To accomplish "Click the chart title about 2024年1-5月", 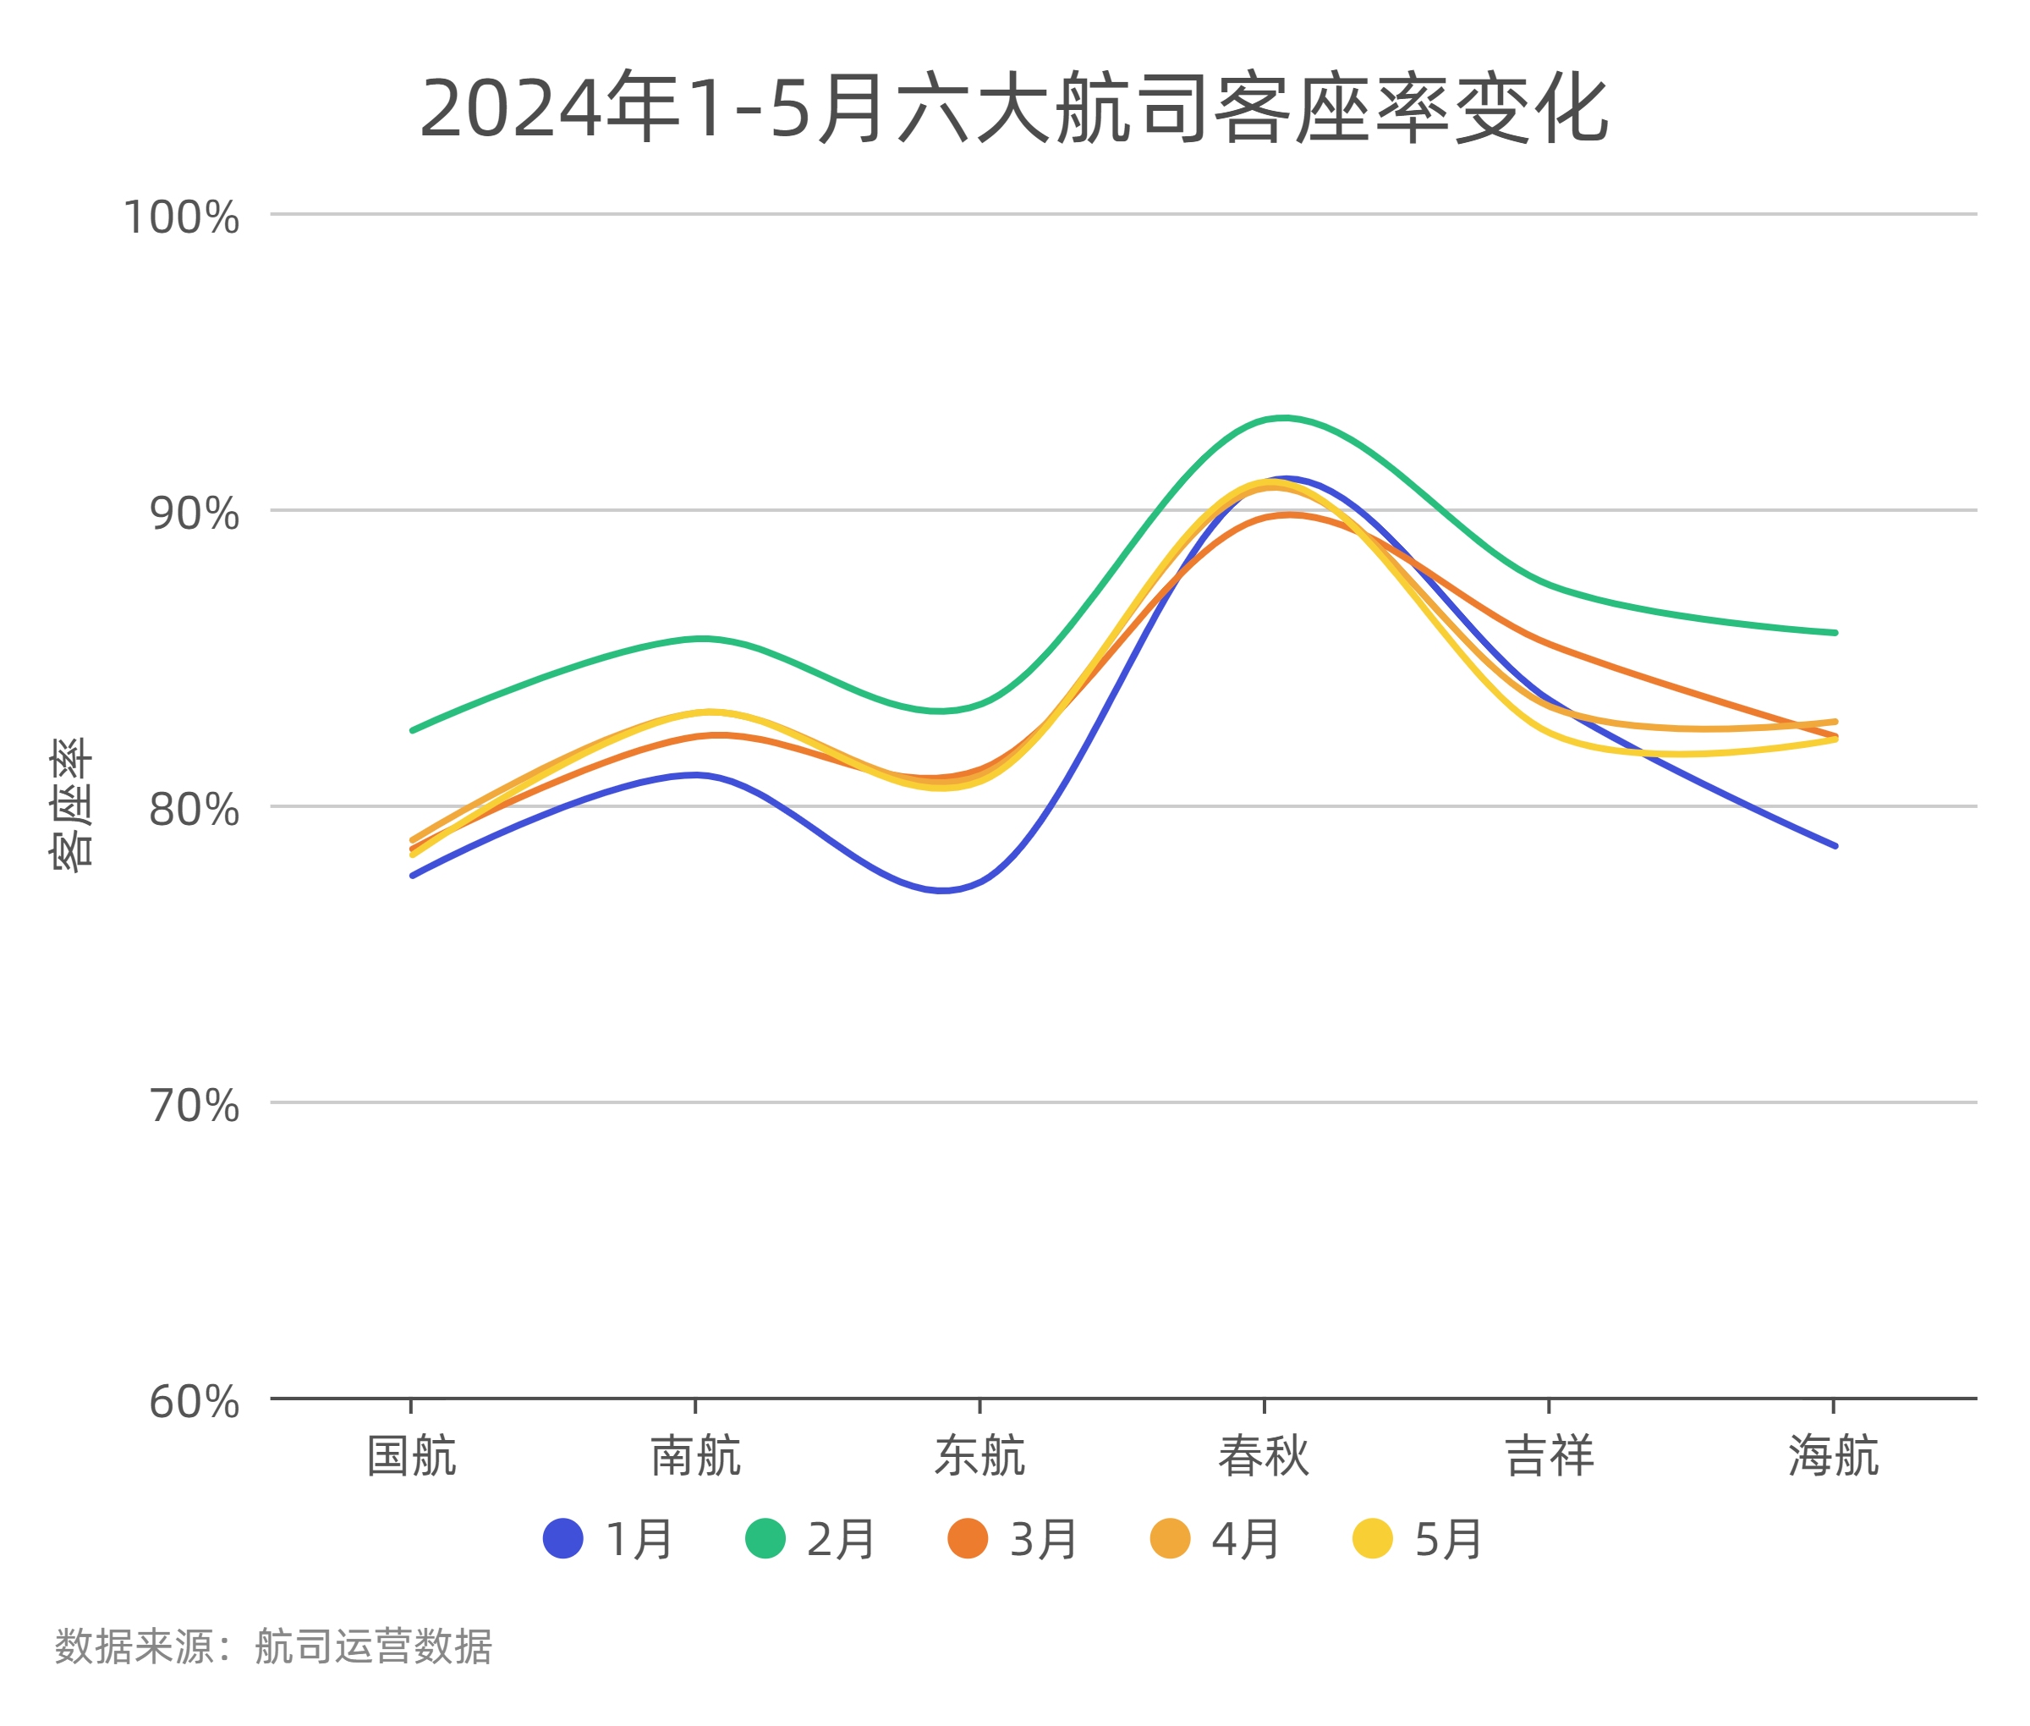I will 1013,108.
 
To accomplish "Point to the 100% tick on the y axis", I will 181,217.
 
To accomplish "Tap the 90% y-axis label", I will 194,514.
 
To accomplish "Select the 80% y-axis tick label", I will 194,811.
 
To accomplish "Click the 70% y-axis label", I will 194,1107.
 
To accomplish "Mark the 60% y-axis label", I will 194,1403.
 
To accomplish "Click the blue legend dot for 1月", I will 562,1539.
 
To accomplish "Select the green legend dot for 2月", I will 765,1539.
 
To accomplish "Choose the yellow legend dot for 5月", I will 1372,1539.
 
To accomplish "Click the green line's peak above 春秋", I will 1281,419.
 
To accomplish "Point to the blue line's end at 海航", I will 1835,845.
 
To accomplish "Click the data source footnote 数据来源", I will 273,1646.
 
